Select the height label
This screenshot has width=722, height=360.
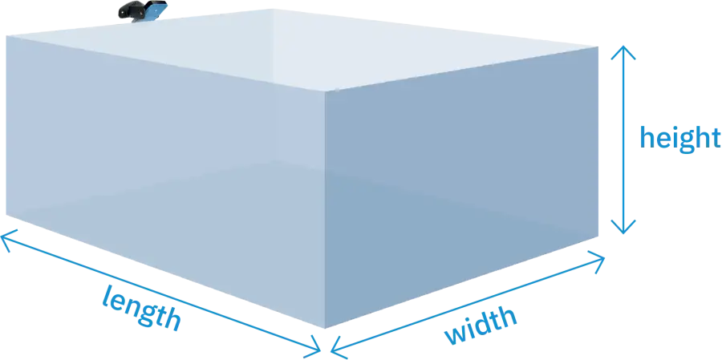click(678, 138)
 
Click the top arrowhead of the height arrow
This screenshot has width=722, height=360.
click(626, 51)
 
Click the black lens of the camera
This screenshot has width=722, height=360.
click(127, 11)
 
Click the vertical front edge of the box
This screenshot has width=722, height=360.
click(323, 208)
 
